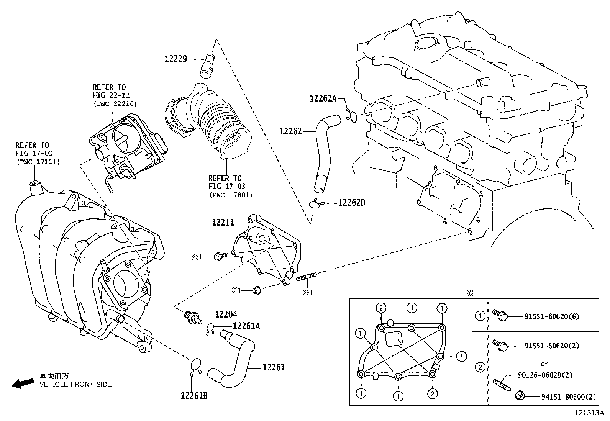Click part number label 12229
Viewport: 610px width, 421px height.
pos(175,59)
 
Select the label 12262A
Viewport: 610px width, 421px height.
pos(323,99)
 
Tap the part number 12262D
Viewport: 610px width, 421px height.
pos(351,203)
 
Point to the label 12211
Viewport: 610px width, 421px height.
pos(223,222)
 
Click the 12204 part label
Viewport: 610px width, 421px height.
pos(226,315)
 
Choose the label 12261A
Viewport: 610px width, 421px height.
pos(246,326)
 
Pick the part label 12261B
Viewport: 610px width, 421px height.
pos(194,396)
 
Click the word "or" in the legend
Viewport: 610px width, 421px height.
pos(544,364)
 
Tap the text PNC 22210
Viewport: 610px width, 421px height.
pos(115,103)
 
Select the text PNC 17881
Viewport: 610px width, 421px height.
pos(231,195)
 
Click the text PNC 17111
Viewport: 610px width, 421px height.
pos(38,162)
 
